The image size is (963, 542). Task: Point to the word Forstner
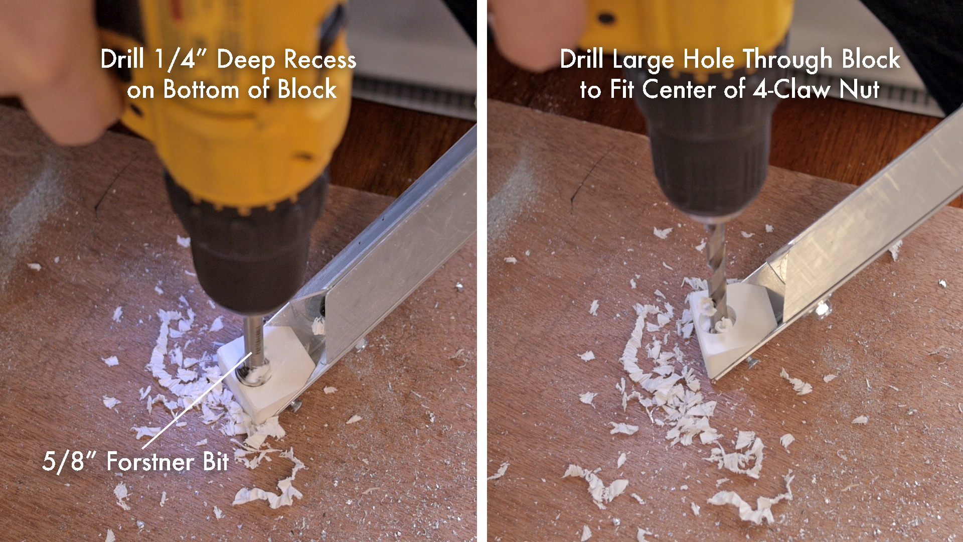click(150, 462)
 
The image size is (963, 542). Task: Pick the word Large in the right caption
click(645, 60)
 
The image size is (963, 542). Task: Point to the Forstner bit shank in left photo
click(253, 341)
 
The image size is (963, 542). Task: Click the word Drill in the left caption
click(123, 60)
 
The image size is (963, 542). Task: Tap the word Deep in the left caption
click(246, 60)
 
